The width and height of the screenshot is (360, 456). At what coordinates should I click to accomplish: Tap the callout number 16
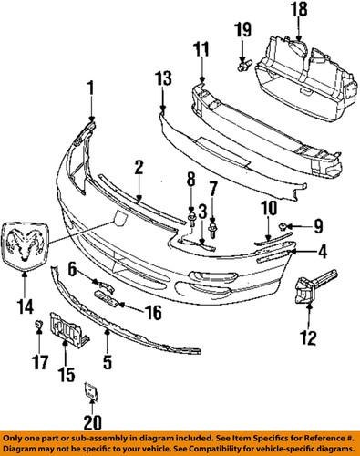[x=151, y=311]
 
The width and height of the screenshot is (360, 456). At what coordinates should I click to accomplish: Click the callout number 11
[x=201, y=47]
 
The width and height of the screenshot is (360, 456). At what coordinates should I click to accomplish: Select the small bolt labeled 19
[x=241, y=66]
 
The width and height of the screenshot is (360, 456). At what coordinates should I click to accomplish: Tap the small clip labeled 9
[x=285, y=224]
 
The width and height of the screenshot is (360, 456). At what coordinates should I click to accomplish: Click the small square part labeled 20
[x=89, y=391]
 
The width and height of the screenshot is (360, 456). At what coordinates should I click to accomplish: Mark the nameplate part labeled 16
[x=106, y=299]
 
